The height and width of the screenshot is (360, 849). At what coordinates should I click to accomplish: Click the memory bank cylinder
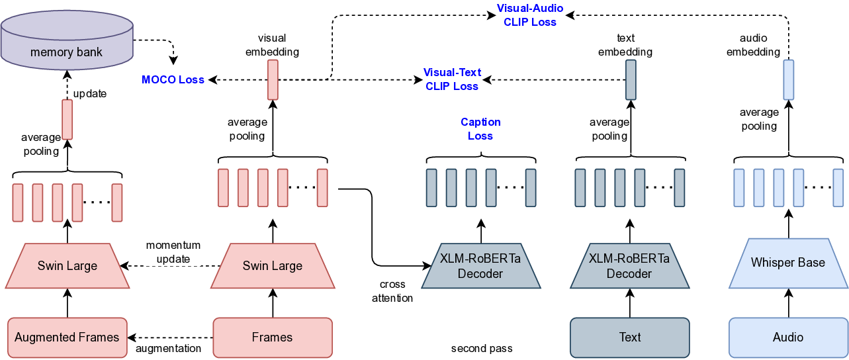coord(67,42)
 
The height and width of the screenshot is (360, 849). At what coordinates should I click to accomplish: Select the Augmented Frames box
coord(67,337)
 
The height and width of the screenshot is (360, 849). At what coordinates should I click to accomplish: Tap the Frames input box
coord(272,337)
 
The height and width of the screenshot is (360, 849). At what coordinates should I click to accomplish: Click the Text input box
coord(629,337)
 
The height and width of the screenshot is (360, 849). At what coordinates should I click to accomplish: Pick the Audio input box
coord(788,337)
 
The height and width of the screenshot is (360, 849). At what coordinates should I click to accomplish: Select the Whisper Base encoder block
coord(788,263)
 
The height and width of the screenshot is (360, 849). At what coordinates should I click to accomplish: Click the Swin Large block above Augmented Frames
coord(67,266)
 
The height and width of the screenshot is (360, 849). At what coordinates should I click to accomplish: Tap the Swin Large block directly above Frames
coord(272,266)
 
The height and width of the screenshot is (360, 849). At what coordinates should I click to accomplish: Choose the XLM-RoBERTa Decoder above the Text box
coord(629,266)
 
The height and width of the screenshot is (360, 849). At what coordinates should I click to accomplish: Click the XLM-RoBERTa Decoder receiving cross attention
coord(481,266)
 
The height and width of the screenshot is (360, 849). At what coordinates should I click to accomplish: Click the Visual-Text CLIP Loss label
coord(452,79)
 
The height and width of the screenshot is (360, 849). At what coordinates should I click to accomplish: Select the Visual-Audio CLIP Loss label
coord(530,15)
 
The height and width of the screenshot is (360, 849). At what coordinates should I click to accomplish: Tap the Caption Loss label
coord(480,129)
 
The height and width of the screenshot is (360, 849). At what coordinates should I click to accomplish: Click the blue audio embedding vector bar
coord(788,79)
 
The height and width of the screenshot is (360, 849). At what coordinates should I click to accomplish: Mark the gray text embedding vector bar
coord(630,79)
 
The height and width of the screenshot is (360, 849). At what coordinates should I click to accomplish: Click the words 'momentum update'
coord(173,252)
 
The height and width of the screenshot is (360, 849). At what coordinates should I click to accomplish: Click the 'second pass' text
coord(481,348)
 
